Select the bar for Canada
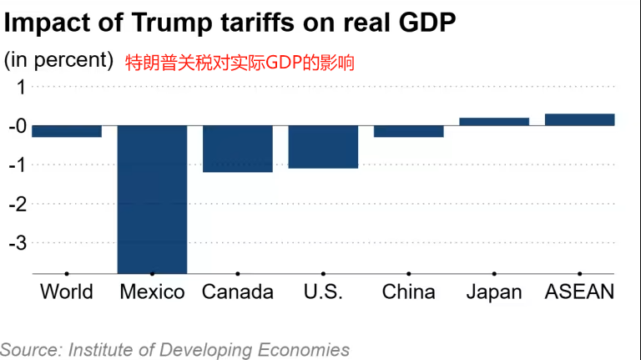(238, 149)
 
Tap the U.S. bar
(323, 147)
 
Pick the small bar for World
(67, 131)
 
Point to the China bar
(409, 131)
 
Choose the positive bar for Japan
(494, 122)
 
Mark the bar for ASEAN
(579, 119)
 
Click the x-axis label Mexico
(152, 292)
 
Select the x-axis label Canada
(238, 292)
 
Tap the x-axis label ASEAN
(579, 292)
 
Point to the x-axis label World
(67, 292)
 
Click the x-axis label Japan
(494, 292)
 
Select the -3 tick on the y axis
(18, 243)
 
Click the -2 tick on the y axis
(18, 204)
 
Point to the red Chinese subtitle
(240, 63)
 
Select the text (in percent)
(58, 60)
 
